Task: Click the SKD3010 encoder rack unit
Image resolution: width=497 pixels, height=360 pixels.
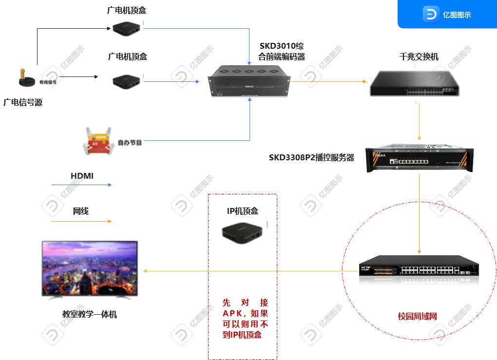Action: [249, 81]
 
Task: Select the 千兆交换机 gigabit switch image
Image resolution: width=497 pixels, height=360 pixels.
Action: [419, 82]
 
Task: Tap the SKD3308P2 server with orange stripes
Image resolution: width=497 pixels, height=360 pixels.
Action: [419, 157]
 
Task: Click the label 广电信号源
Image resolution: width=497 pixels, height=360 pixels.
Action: [22, 103]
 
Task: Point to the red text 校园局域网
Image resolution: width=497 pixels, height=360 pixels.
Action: [418, 317]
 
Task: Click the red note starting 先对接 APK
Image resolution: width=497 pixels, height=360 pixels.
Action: [243, 319]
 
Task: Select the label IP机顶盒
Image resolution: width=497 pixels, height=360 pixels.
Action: [243, 211]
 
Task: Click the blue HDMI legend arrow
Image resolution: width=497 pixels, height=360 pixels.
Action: [82, 185]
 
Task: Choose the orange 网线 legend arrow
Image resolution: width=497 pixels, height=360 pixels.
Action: [82, 221]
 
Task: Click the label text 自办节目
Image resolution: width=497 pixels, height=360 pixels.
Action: [130, 143]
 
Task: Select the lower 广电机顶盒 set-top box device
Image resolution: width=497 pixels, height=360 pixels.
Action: [127, 81]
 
